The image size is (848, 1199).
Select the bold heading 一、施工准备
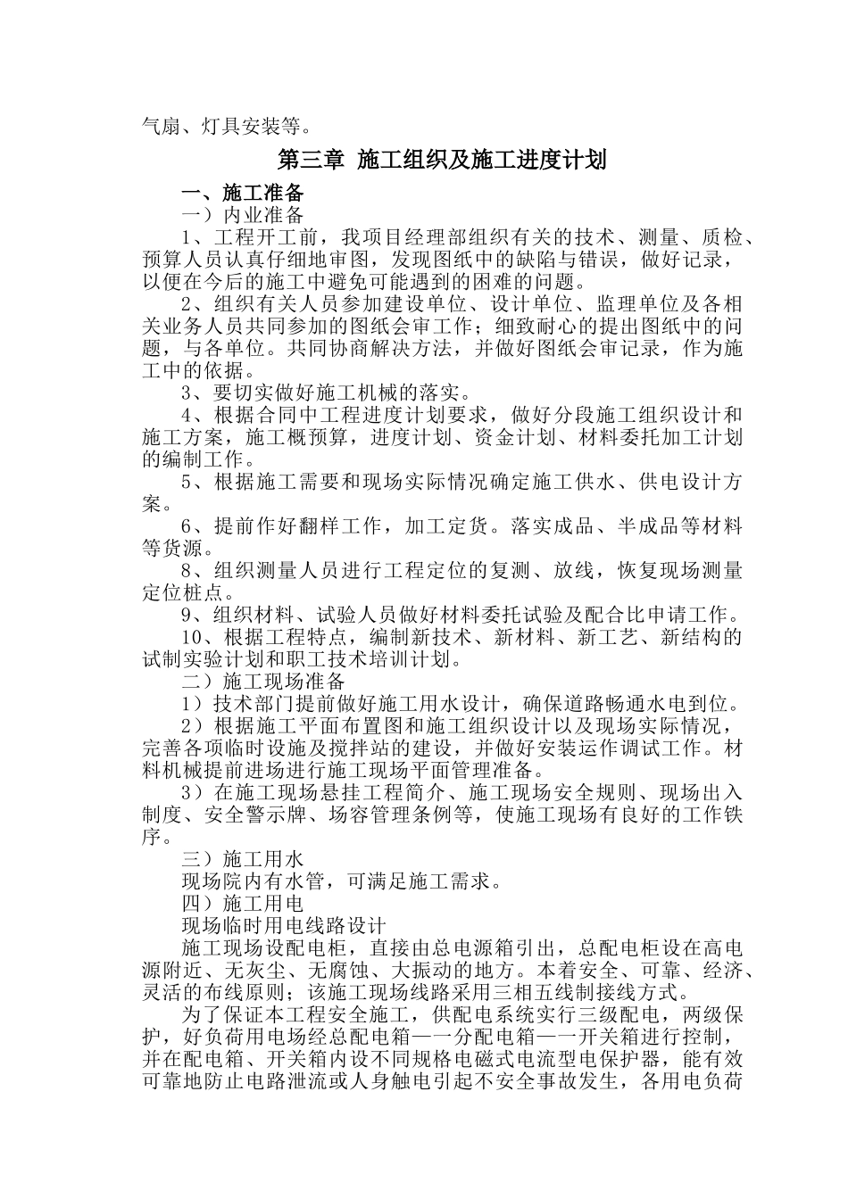pyautogui.click(x=243, y=193)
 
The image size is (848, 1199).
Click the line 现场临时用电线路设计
pyautogui.click(x=283, y=926)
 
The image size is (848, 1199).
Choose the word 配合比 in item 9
pyautogui.click(x=619, y=616)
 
